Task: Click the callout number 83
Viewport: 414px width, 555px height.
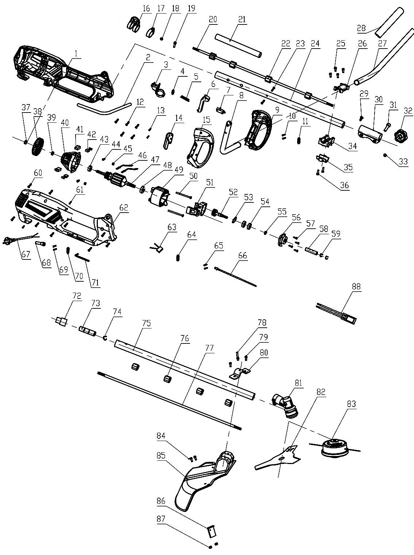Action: coord(351,404)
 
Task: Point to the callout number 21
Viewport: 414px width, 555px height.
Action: coord(242,19)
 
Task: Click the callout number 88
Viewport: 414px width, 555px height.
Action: coord(356,286)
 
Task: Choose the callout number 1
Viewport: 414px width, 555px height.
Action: coord(77,53)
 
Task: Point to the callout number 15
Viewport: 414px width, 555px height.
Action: coord(206,119)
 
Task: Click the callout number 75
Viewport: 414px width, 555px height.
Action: coord(146,323)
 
